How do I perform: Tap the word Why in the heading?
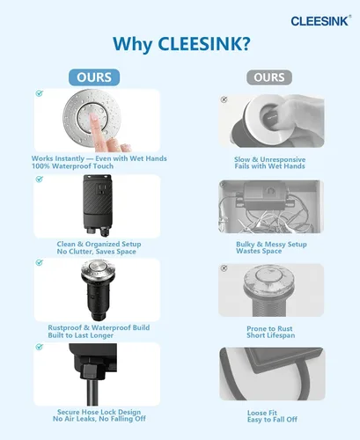[x=132, y=44]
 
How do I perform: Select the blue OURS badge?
[x=94, y=77]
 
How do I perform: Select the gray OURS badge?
[x=269, y=77]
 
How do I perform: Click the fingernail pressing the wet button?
[x=94, y=117]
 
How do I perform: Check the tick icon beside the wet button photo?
[x=40, y=93]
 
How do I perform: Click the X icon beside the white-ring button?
[x=224, y=99]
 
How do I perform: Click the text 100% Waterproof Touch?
[x=72, y=166]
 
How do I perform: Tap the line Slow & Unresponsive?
[x=269, y=159]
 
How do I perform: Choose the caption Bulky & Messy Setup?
[x=271, y=244]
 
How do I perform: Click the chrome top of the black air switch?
[x=99, y=270]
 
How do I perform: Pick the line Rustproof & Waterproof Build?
[x=99, y=327]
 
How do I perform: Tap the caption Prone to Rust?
[x=269, y=328]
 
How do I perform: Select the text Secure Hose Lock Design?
[x=99, y=412]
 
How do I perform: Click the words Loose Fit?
[x=262, y=413]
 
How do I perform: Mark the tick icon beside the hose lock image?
[x=40, y=347]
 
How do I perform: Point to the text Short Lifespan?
[x=271, y=335]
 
